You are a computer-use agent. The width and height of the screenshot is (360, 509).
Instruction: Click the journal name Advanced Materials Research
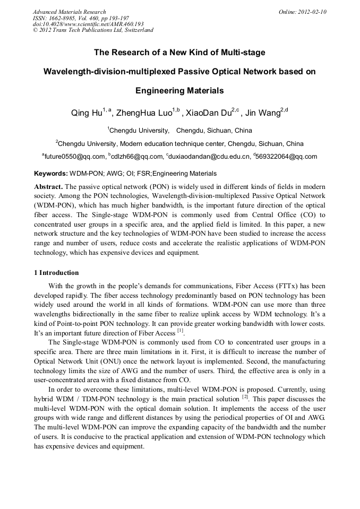pyautogui.click(x=69, y=12)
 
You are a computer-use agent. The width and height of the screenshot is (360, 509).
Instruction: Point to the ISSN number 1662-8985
pyautogui.click(x=62, y=18)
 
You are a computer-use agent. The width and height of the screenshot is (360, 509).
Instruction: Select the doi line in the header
pyautogui.click(x=88, y=24)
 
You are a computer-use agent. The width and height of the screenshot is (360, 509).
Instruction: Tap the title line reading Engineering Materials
pyautogui.click(x=179, y=91)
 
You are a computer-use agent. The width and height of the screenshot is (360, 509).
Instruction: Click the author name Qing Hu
pyautogui.click(x=87, y=113)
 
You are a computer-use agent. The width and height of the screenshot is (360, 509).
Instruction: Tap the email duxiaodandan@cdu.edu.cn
pyautogui.click(x=209, y=157)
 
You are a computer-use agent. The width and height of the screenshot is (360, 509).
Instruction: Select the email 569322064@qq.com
pyautogui.click(x=286, y=157)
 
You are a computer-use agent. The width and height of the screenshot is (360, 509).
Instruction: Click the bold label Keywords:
pyautogui.click(x=51, y=174)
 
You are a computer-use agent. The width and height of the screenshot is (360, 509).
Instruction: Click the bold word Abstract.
pyautogui.click(x=48, y=187)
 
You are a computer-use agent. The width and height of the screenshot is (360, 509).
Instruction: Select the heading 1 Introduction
pyautogui.click(x=56, y=273)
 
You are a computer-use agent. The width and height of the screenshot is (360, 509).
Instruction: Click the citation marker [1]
pyautogui.click(x=181, y=331)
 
